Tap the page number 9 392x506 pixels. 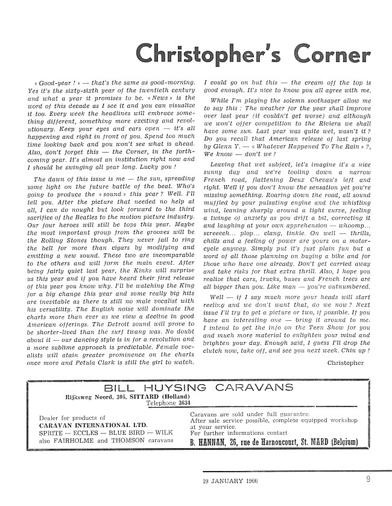click(367, 480)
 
